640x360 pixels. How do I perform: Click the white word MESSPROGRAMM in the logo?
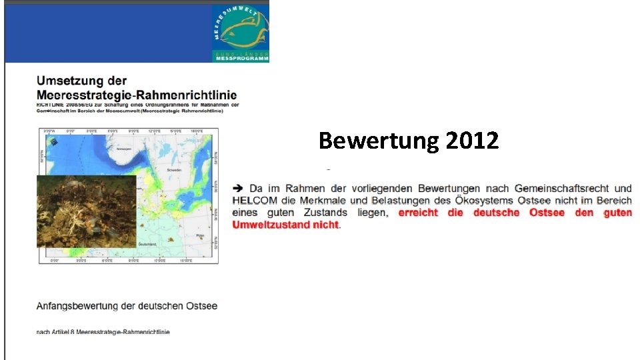point(242,59)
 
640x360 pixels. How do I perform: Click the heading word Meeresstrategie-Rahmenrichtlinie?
point(137,95)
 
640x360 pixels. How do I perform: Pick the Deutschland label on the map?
point(147,245)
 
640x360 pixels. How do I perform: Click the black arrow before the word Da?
point(238,189)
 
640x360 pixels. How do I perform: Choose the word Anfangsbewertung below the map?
point(77,306)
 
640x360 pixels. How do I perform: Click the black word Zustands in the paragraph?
point(323,213)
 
